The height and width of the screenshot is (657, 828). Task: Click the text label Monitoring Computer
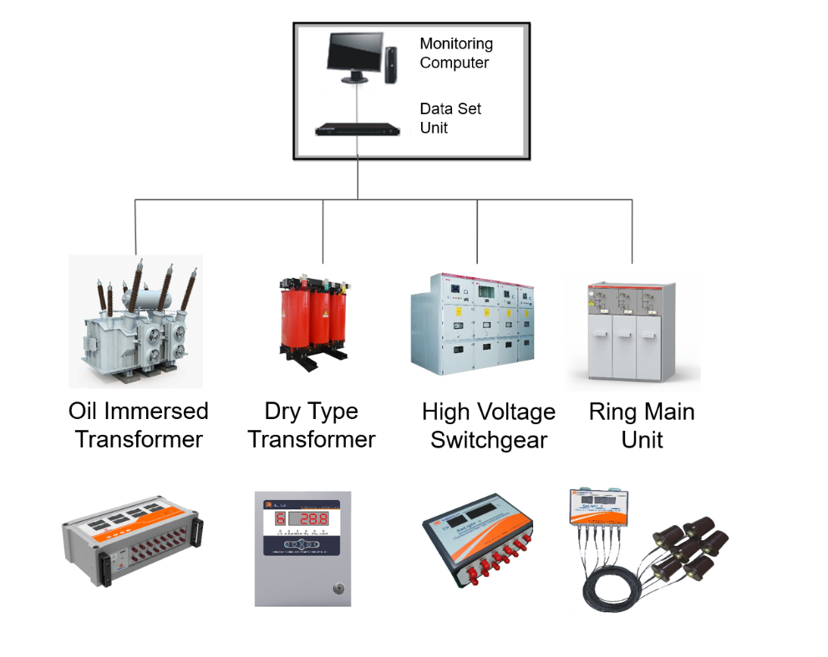tap(456, 53)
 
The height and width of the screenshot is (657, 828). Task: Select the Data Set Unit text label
tap(450, 118)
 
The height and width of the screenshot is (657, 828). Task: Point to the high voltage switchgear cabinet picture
tap(472, 322)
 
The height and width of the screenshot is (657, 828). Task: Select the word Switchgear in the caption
tap(489, 440)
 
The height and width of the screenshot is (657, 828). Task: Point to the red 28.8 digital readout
tap(309, 518)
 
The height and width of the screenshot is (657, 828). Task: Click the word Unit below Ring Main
tap(642, 440)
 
